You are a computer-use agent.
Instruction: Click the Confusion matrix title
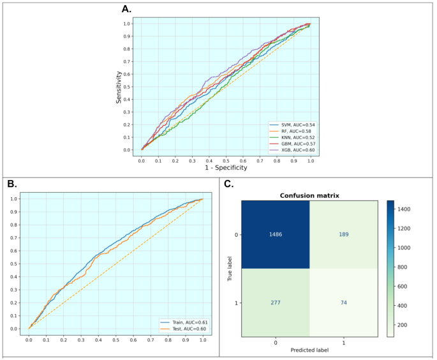(x=309, y=195)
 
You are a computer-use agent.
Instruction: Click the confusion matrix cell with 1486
(x=275, y=234)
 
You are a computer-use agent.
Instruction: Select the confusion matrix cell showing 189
(x=344, y=234)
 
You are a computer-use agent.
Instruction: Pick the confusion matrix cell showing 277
(x=275, y=303)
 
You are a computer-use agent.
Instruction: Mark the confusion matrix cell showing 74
(x=344, y=303)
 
